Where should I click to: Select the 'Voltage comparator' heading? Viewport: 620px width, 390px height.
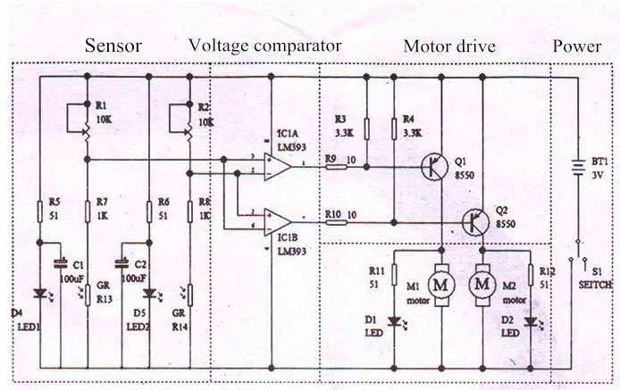[264, 45]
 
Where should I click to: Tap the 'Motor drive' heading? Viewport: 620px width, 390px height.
[450, 46]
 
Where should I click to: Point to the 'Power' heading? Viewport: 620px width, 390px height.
[576, 46]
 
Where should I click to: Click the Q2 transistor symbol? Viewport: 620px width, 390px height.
[476, 220]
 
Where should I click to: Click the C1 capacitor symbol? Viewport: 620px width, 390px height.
[60, 263]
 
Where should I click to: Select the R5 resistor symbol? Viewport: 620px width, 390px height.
[41, 212]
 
